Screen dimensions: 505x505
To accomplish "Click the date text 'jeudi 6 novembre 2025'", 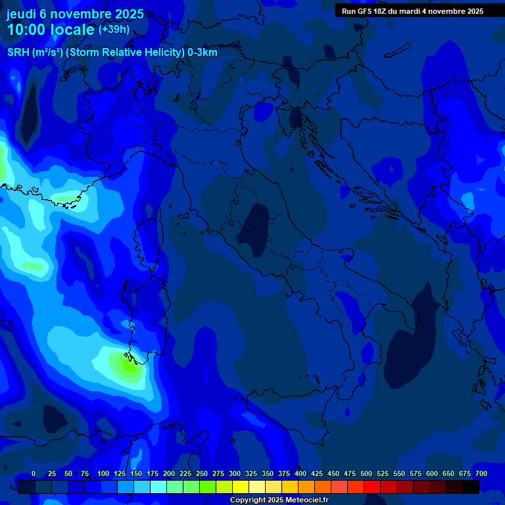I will click(x=75, y=14).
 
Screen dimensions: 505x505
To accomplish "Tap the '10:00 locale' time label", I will click(x=51, y=30).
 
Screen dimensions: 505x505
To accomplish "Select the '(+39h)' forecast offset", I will click(x=114, y=30).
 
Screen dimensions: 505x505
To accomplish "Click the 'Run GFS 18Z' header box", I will click(x=412, y=11).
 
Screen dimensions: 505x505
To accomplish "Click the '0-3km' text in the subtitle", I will click(x=203, y=53).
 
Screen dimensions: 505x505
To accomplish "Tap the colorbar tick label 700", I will click(x=481, y=473).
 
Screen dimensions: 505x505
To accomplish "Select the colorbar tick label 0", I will click(x=34, y=473).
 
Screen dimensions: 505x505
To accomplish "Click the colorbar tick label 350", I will click(x=268, y=473).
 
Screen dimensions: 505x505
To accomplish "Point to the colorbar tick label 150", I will click(x=136, y=473).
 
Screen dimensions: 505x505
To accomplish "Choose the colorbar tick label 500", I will click(x=366, y=473).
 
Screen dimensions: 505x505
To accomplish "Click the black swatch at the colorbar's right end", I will click(x=471, y=487).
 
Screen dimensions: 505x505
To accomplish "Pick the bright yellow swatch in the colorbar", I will click(x=241, y=487).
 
